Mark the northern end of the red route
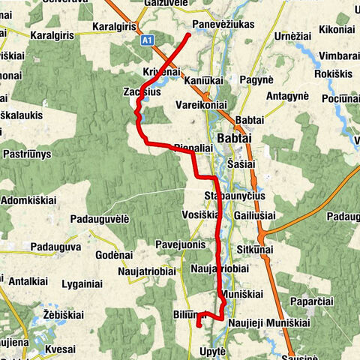[x=187, y=34]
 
